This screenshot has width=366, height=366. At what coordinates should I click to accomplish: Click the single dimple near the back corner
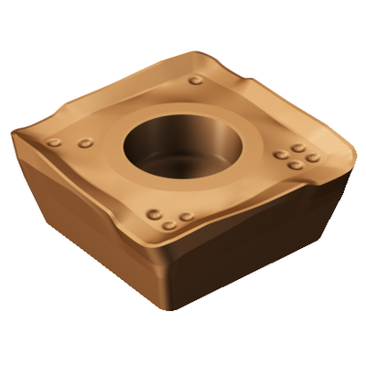tap(196, 80)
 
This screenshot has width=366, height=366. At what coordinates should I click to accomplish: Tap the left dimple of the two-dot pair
tap(56, 144)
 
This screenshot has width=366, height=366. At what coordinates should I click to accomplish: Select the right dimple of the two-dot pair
tap(86, 143)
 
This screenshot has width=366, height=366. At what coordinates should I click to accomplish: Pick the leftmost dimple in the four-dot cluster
tap(277, 155)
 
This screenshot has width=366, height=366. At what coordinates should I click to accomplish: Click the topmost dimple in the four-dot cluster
tap(298, 147)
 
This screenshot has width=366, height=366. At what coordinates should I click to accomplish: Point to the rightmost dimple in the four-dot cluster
tap(313, 157)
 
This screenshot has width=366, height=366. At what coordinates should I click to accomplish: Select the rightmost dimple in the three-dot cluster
tap(187, 217)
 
